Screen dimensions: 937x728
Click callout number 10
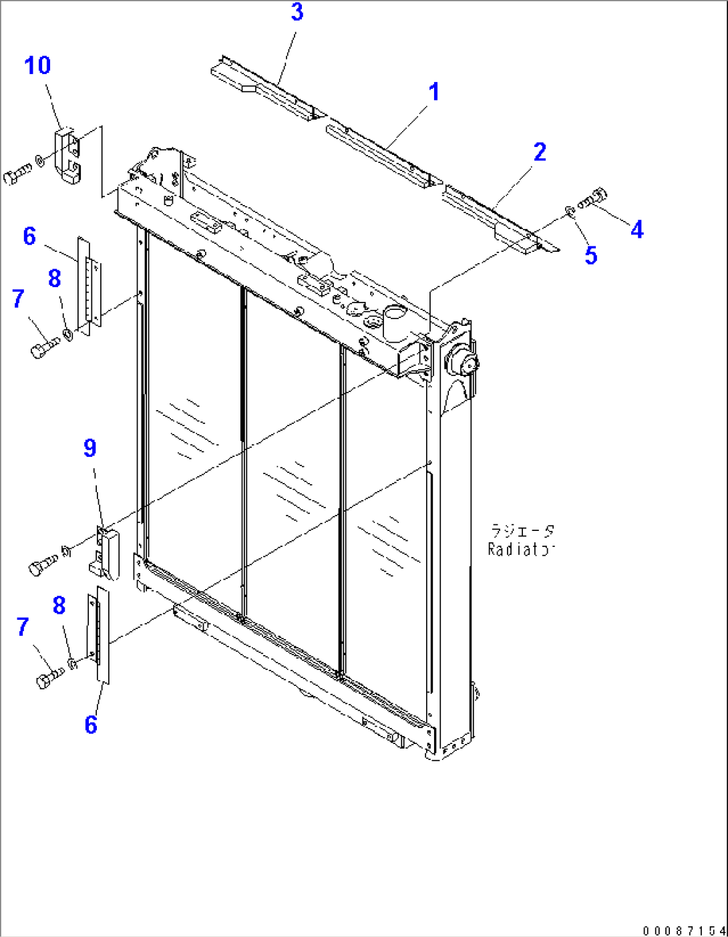[x=37, y=65]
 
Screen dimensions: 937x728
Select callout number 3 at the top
[x=297, y=12]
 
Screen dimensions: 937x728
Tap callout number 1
[x=434, y=91]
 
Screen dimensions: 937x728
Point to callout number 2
[x=540, y=152]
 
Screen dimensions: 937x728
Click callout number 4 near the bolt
[x=636, y=230]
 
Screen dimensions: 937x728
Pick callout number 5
[x=591, y=255]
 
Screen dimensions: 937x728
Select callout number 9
[x=90, y=448]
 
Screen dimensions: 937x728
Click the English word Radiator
[x=522, y=550]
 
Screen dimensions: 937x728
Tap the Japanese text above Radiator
[x=522, y=531]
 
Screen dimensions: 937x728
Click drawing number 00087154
[x=684, y=930]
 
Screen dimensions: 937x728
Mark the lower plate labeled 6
[x=101, y=634]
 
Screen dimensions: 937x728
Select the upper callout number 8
[x=55, y=279]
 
